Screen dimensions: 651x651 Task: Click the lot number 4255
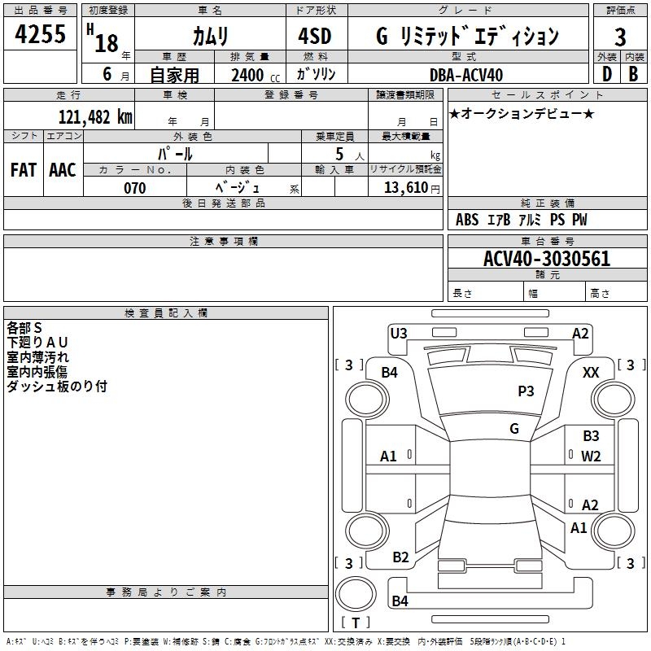tap(40, 34)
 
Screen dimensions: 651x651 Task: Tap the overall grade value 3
tap(620, 37)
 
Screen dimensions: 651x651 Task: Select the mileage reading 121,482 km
tap(95, 117)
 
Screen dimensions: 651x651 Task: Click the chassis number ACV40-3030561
tap(547, 259)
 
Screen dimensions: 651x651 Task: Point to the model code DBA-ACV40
tap(466, 75)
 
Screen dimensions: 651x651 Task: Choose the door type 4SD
tap(315, 36)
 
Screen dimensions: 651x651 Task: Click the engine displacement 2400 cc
tap(256, 75)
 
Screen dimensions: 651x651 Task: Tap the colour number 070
tap(135, 188)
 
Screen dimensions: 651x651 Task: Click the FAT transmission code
tap(24, 170)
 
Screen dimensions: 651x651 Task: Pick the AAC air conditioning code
tap(63, 170)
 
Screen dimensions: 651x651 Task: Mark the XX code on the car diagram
tap(591, 373)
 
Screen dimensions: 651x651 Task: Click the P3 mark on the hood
tap(526, 391)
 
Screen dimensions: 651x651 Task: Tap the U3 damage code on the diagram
tap(399, 334)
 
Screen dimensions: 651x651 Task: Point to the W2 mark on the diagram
tap(591, 457)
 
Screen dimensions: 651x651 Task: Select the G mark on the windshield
tap(514, 429)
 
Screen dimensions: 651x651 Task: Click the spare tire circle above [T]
tap(356, 593)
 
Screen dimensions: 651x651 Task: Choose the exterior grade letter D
tap(607, 74)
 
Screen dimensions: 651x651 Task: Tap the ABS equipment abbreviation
tap(467, 220)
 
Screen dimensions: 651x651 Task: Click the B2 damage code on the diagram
tap(400, 557)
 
